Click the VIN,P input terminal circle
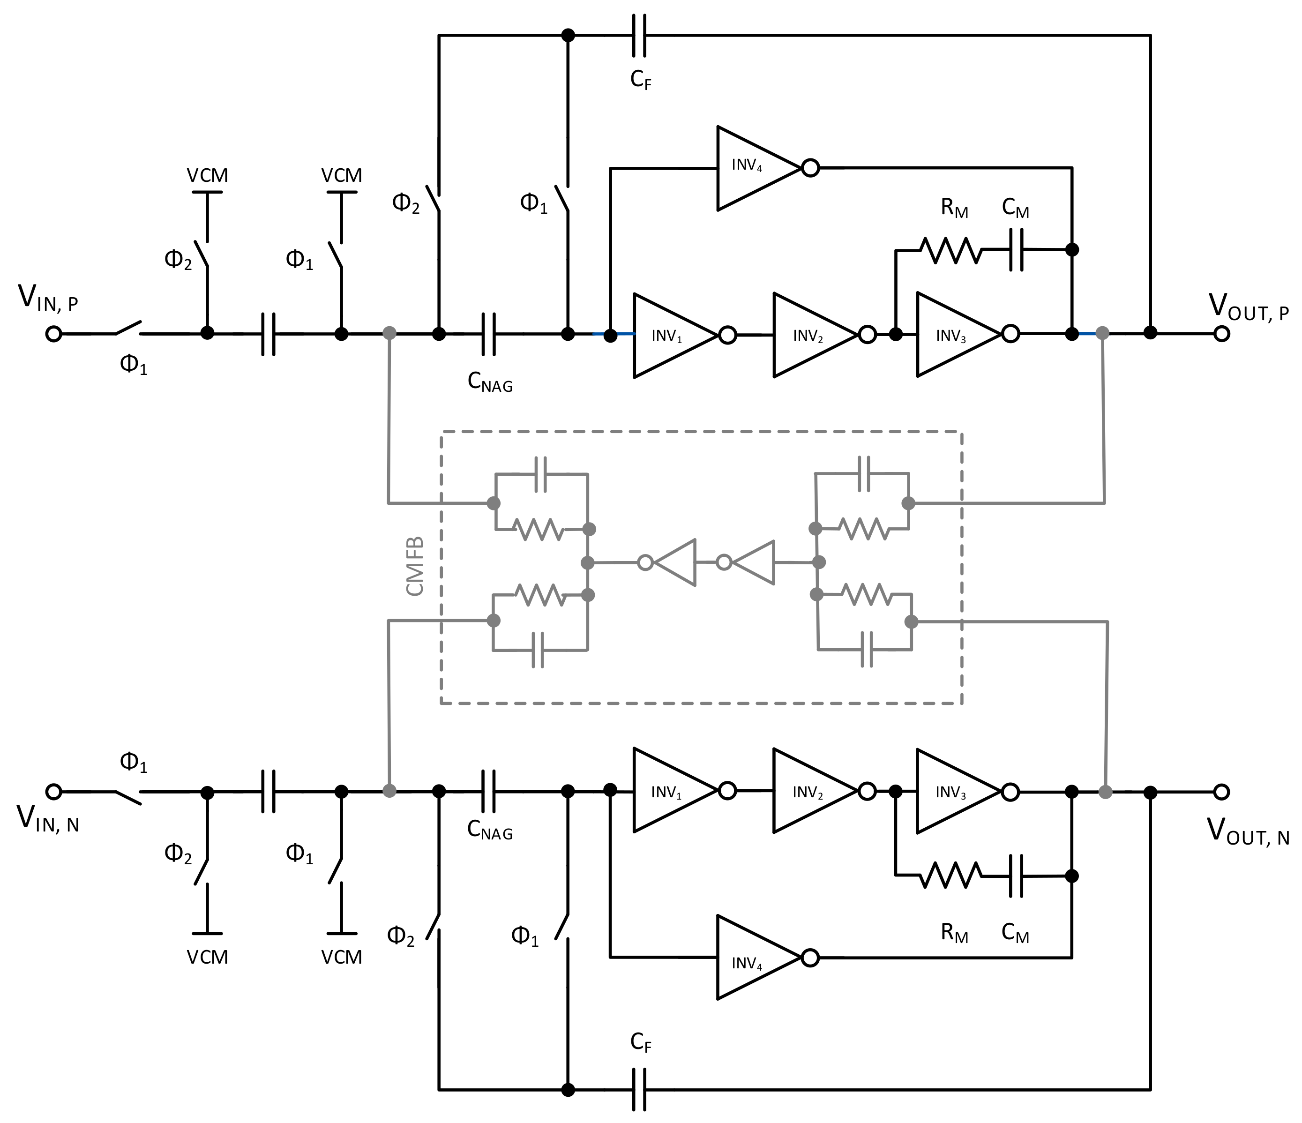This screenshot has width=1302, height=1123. click(x=54, y=334)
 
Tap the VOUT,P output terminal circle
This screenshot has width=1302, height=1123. click(x=1221, y=334)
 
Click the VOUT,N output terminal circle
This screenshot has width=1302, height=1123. click(x=1221, y=792)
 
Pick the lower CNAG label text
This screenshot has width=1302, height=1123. click(x=489, y=830)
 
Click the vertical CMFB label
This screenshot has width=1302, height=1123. click(x=415, y=566)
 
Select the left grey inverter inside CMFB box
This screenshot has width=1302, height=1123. click(x=673, y=562)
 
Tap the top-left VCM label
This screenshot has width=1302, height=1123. click(x=207, y=175)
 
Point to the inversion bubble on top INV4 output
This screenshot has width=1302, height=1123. click(x=811, y=168)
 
